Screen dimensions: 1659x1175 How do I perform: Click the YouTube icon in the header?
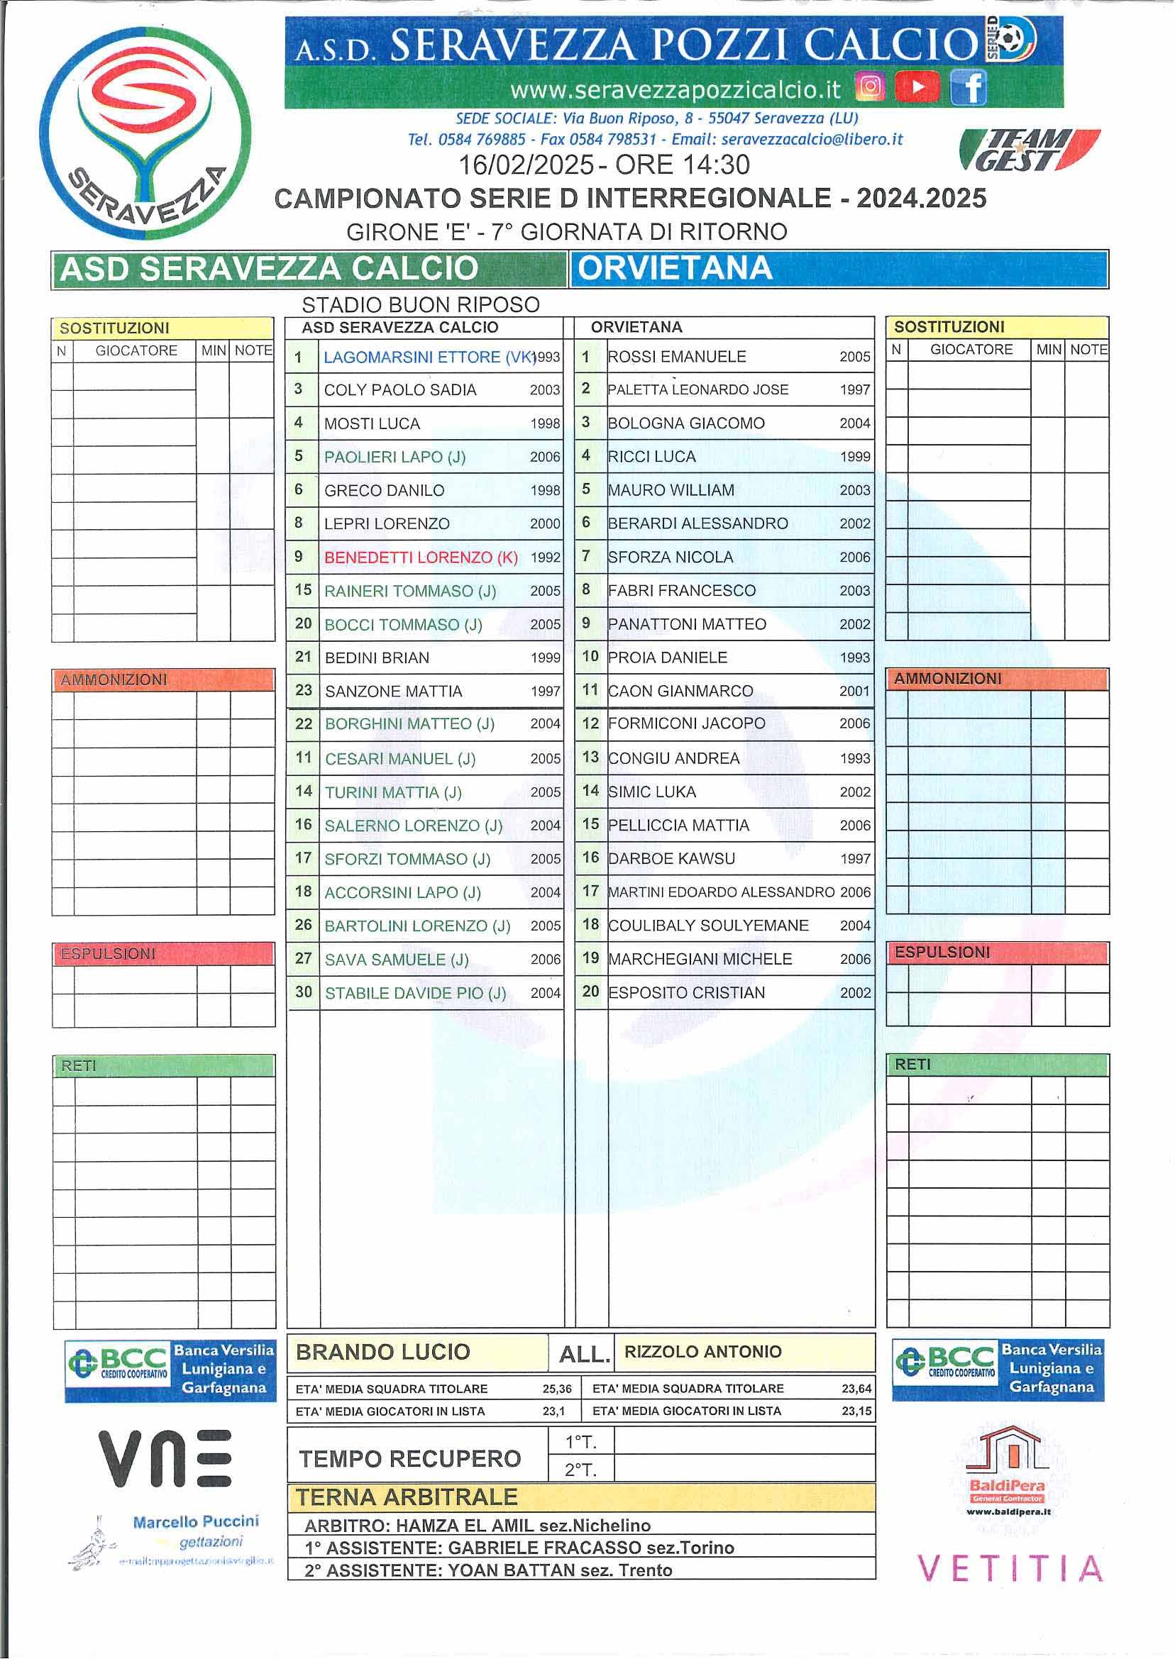click(917, 87)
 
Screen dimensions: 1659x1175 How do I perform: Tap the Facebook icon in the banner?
click(968, 87)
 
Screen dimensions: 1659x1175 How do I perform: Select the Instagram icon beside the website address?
click(871, 87)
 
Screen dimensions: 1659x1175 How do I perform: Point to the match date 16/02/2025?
click(526, 165)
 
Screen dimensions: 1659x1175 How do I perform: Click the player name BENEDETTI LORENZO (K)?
click(420, 557)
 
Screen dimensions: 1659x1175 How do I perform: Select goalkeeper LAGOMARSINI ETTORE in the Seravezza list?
click(412, 357)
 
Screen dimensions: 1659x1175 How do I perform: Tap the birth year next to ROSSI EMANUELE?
click(854, 357)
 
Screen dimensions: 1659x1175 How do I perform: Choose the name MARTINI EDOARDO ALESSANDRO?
click(722, 892)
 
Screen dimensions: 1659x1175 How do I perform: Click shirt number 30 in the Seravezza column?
click(303, 992)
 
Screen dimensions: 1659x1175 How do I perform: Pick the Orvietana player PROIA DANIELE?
click(667, 658)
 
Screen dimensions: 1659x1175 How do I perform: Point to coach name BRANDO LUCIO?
click(382, 1353)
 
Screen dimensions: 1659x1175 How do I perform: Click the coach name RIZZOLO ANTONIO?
click(702, 1353)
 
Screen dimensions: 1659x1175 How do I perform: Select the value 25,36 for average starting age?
click(556, 1389)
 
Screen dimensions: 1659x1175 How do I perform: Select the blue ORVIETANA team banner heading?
click(838, 269)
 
